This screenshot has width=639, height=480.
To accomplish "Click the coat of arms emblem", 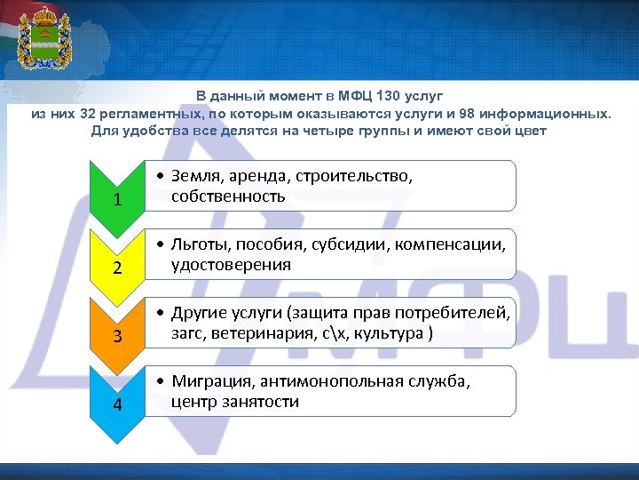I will (x=42, y=38).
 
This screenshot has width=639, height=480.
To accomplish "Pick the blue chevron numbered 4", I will (x=118, y=405).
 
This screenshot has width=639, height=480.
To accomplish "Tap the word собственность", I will (x=228, y=196).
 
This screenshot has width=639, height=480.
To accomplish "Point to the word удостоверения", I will (x=231, y=265).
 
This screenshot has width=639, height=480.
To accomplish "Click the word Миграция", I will (x=209, y=381).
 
